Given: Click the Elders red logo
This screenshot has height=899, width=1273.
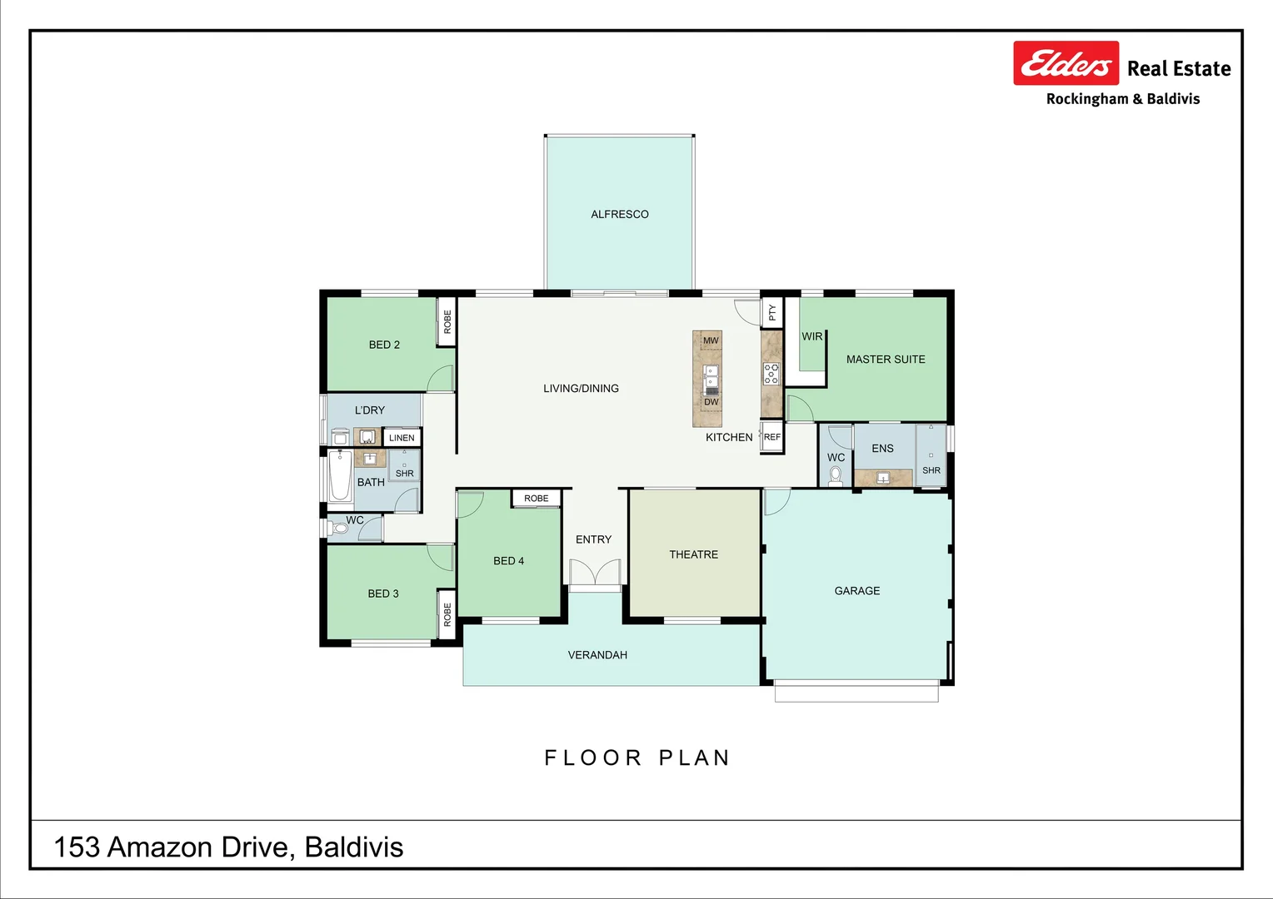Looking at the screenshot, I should (x=1066, y=63).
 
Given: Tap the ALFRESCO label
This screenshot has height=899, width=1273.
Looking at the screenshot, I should (x=619, y=215).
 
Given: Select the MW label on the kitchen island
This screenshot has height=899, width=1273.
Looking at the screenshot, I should (x=711, y=340).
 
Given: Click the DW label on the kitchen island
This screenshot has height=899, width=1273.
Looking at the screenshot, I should (x=711, y=402).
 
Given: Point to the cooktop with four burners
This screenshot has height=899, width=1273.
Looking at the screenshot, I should (x=771, y=374).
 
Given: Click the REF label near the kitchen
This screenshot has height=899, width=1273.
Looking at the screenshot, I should (x=772, y=437).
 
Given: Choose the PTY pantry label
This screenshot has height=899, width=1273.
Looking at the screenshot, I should (x=772, y=312).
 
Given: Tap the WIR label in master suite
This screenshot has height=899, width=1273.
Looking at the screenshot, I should (x=811, y=336).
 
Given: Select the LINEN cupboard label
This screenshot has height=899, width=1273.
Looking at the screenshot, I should (x=402, y=438).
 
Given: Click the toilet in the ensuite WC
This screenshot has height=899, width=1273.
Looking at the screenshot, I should (x=836, y=475).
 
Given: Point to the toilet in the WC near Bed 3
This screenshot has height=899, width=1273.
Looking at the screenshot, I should (x=339, y=528).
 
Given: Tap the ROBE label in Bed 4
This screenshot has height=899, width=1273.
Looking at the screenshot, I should (x=537, y=499).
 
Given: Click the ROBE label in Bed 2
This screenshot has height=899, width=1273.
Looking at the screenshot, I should (x=447, y=322).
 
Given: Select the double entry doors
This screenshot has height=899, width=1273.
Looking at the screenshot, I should (x=595, y=574).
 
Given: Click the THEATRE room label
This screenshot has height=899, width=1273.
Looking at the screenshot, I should (x=693, y=554).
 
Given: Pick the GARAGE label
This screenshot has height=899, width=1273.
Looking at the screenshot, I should (x=856, y=591).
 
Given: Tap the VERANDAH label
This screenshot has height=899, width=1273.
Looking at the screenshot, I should (x=597, y=655).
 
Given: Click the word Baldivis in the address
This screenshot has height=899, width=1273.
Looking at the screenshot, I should (x=353, y=847).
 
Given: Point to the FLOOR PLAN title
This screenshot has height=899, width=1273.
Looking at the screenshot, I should (x=636, y=757).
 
